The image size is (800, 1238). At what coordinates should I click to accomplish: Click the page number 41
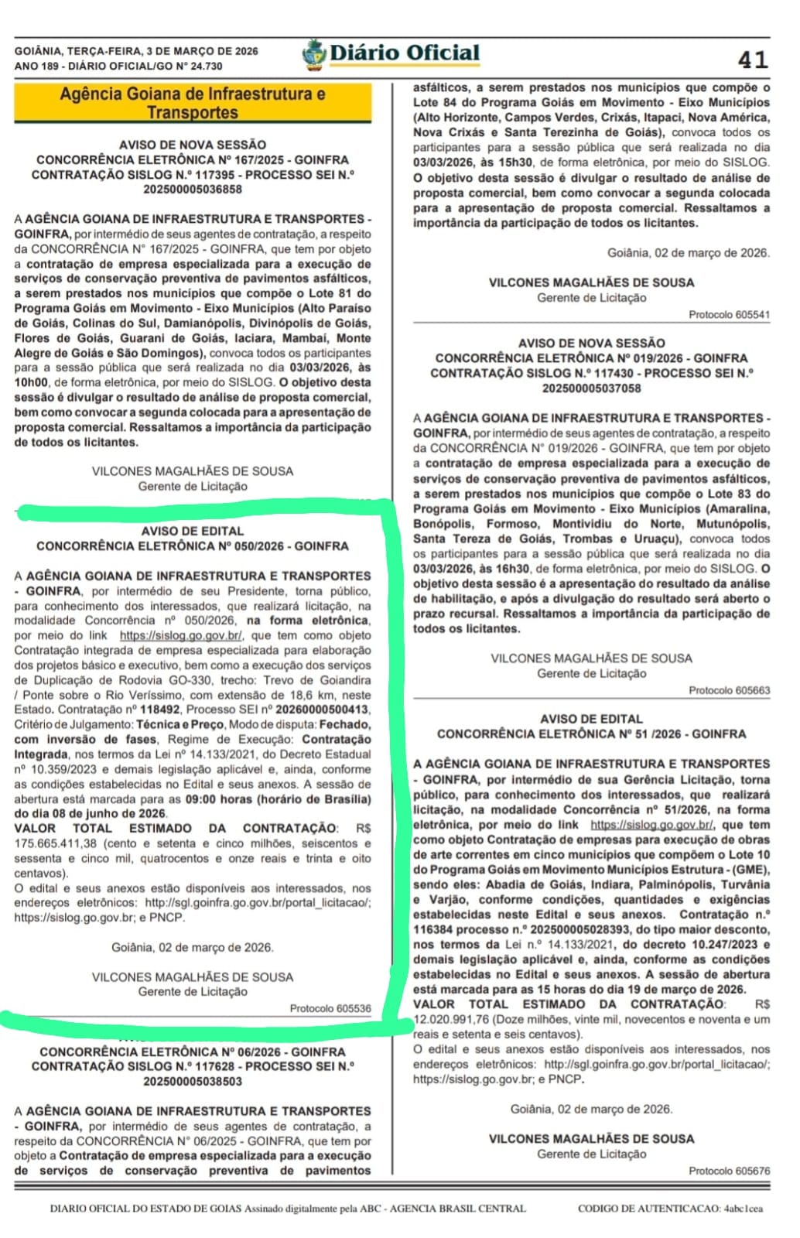coord(752,60)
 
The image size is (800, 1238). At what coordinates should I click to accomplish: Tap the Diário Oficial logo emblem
coord(313,55)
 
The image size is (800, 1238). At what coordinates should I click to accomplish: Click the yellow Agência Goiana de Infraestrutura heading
coord(193,103)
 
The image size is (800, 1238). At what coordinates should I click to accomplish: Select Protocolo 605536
coord(330,1009)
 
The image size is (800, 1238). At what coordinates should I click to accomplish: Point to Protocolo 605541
coord(729,315)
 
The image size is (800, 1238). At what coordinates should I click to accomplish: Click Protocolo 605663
coord(729,690)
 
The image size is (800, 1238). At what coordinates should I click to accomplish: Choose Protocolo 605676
coord(729,1171)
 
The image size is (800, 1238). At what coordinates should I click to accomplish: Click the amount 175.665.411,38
coord(56,843)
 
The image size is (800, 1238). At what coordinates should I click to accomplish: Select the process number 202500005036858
coord(193,190)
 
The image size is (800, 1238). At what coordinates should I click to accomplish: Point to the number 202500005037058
coord(591,388)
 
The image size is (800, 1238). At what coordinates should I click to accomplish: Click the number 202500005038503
coord(193,1081)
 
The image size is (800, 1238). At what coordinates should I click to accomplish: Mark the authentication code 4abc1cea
coord(743,1209)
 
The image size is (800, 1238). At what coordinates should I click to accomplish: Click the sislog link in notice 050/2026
coord(181,635)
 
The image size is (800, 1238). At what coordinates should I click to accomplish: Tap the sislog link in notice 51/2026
coord(651,825)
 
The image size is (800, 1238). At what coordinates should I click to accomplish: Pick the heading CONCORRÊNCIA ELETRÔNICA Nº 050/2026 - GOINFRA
coord(193,546)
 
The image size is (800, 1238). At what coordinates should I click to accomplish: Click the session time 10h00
coord(29,382)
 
